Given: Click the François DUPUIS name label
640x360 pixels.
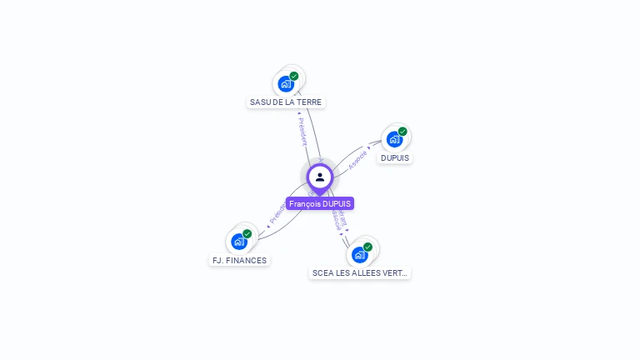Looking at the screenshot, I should click(320, 203).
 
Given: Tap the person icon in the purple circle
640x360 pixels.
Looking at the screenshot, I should click(320, 177).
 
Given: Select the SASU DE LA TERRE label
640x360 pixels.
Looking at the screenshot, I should click(286, 102).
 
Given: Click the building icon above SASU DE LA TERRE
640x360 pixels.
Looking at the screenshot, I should click(286, 83).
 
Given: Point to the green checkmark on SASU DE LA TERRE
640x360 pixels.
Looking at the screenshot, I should click(294, 76).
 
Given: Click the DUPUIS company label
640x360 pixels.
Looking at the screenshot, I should click(395, 157).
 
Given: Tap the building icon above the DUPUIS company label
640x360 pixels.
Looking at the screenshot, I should click(394, 138).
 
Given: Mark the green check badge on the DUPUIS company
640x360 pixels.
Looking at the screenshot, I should click(402, 131).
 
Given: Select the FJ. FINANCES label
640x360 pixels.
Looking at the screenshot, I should click(239, 260).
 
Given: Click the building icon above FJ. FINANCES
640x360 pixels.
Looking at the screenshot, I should click(239, 242).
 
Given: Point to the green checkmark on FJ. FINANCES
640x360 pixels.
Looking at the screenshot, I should click(247, 234).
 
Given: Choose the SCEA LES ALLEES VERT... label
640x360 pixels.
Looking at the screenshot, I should click(360, 272).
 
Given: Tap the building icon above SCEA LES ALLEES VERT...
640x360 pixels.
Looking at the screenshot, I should click(359, 254).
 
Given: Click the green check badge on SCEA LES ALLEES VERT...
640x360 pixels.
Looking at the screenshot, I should click(367, 247).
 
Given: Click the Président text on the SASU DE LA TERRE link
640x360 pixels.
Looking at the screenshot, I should click(302, 130).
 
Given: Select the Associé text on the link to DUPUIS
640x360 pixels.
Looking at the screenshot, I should click(357, 160).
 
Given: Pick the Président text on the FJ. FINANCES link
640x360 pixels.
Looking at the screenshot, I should click(277, 214).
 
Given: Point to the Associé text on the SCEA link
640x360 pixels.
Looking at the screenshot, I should click(337, 219).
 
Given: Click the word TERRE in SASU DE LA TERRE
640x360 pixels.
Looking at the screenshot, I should click(310, 102).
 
